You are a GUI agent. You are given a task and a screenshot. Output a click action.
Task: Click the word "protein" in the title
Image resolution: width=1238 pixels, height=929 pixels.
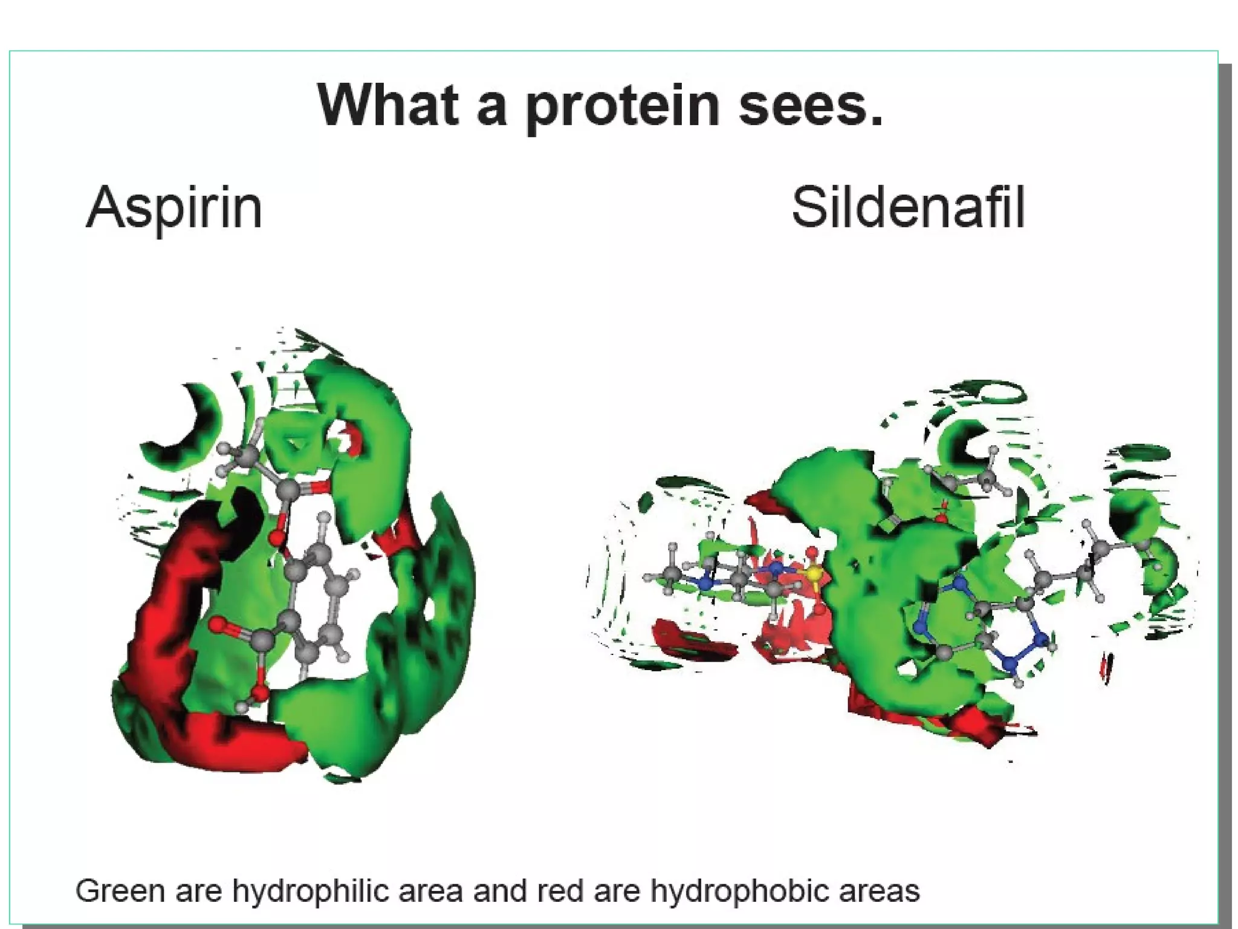[x=623, y=106]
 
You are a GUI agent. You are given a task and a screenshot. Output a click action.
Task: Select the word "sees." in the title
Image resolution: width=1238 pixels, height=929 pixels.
[x=810, y=106]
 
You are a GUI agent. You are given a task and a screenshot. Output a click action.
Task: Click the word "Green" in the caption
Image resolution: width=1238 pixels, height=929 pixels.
[x=120, y=892]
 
